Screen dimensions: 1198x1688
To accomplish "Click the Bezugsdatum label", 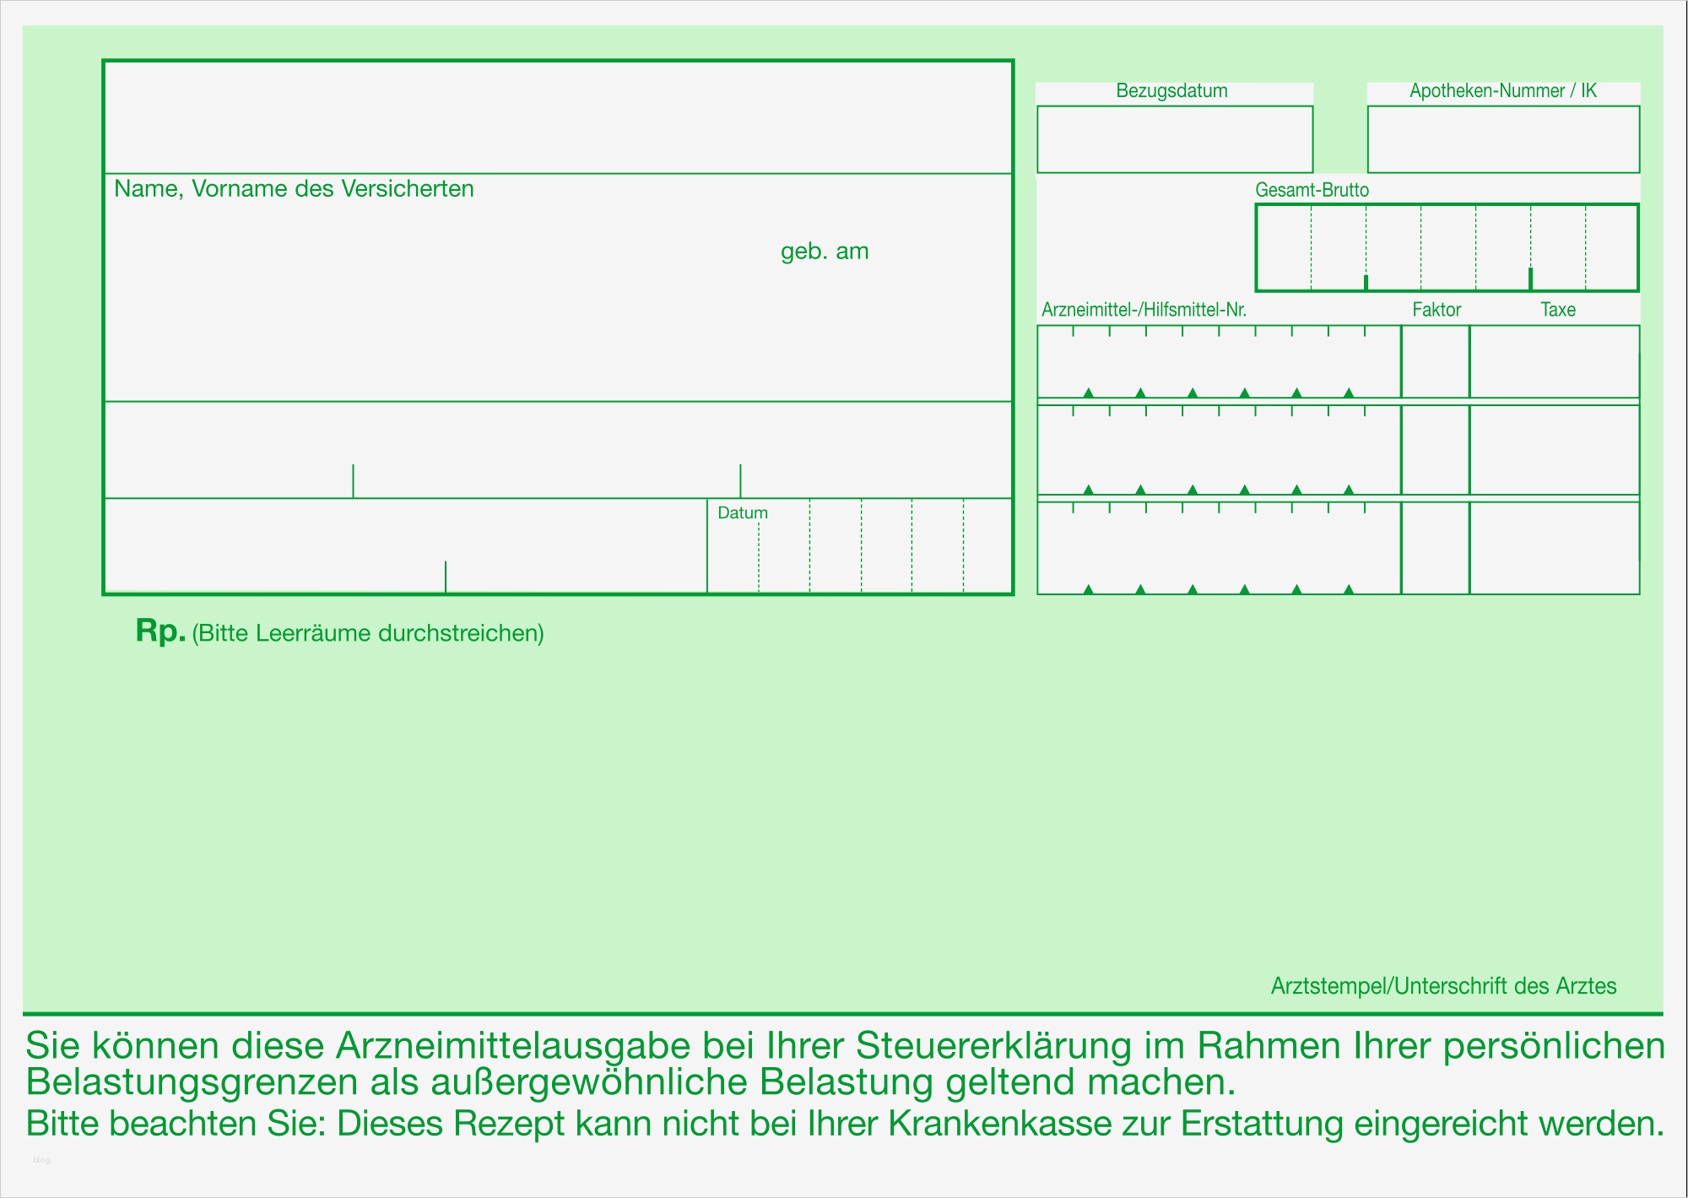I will coord(1171,91).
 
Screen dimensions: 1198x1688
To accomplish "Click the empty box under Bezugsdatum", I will coord(1174,139).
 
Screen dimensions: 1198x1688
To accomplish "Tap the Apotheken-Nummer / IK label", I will coord(1503,91).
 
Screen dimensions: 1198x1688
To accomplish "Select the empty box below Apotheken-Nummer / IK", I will coord(1503,139).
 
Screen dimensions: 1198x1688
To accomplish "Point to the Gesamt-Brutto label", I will coord(1312,190).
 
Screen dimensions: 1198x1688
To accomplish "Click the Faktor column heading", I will coord(1436,310).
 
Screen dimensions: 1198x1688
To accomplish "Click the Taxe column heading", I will coord(1557,310).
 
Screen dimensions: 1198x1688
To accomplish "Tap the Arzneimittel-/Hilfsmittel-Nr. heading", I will coord(1144,310).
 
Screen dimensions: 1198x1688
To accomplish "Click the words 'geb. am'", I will coord(825,252).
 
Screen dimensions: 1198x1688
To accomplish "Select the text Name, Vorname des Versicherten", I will coord(294,188).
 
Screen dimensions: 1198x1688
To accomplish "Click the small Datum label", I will coord(743,512).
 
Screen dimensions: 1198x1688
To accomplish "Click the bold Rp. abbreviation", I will coord(160,631).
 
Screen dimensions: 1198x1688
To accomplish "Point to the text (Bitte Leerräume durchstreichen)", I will coord(368,633).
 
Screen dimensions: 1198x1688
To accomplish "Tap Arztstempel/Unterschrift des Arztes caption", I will coord(1443,986).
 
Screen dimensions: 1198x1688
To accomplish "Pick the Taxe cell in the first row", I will coord(1554,361).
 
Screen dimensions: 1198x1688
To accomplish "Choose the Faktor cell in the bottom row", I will coord(1435,548).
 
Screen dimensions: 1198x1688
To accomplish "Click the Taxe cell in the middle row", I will coord(1554,450).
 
